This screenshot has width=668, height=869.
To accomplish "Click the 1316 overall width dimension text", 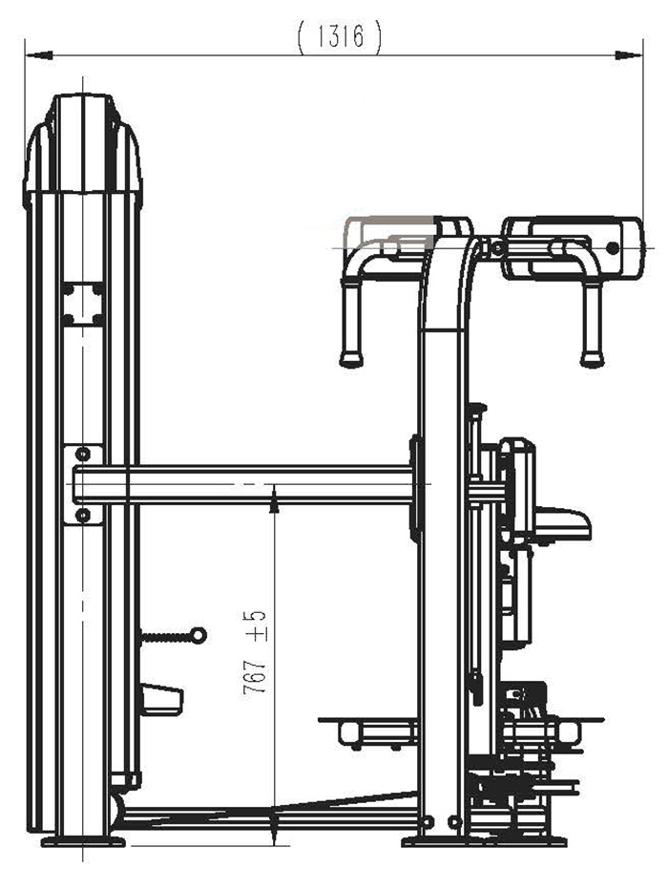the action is [339, 37].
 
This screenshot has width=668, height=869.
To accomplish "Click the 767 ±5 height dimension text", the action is [254, 652].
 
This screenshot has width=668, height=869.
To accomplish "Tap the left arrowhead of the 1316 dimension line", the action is [39, 55].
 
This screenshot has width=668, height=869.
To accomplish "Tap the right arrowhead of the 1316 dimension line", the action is [629, 55].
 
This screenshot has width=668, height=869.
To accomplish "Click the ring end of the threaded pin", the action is [198, 635].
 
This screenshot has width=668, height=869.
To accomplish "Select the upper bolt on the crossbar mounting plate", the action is [82, 455].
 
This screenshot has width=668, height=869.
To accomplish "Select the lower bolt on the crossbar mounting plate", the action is [82, 516].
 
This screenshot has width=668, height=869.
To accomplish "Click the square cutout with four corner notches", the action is [83, 304].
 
